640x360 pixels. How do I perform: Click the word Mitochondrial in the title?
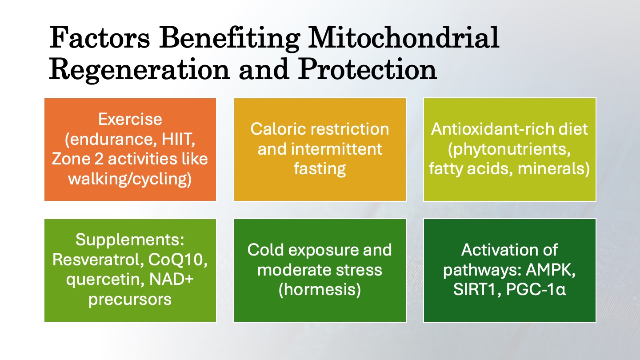(x=404, y=38)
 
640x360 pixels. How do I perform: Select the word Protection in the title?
(x=368, y=69)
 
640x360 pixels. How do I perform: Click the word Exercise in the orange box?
(x=130, y=119)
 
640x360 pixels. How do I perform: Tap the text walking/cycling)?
(x=130, y=179)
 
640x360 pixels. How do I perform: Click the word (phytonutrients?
(x=509, y=149)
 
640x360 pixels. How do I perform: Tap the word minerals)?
(x=554, y=168)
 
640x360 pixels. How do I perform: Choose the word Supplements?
(x=130, y=240)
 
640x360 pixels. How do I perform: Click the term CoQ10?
(x=178, y=260)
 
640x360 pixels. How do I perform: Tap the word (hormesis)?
(x=320, y=290)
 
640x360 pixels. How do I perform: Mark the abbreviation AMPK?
(x=551, y=270)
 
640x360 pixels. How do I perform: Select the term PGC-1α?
(x=536, y=290)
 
